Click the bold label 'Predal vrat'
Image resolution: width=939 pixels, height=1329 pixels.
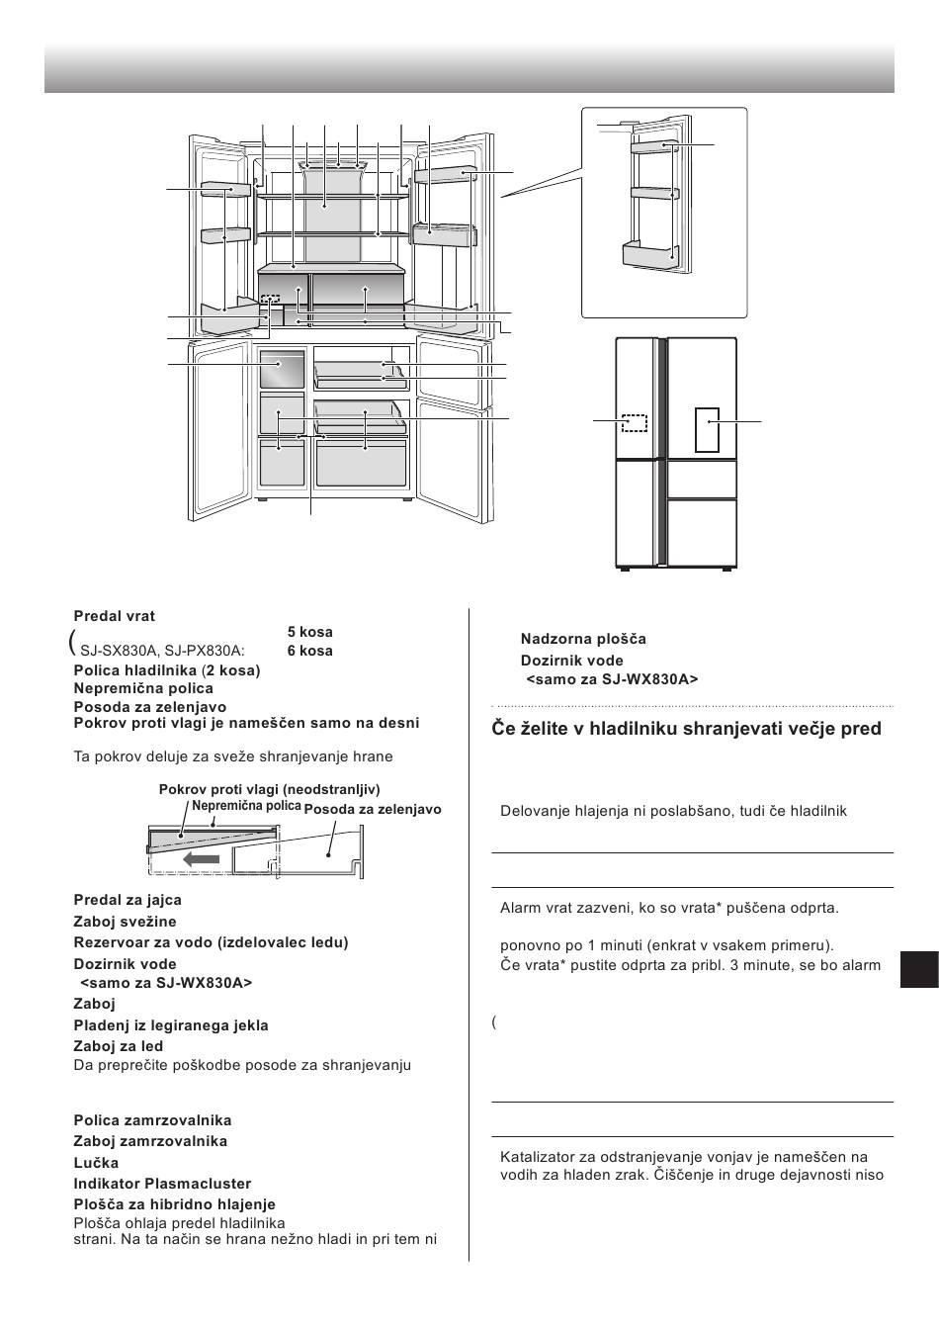click(x=114, y=616)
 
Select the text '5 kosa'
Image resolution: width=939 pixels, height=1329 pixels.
click(x=309, y=632)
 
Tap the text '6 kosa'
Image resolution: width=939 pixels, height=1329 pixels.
click(x=309, y=651)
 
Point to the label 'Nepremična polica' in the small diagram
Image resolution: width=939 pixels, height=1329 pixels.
click(x=246, y=806)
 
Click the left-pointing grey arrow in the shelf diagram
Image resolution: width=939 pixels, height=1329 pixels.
click(x=202, y=860)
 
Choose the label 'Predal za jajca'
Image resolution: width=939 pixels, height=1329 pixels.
click(x=128, y=900)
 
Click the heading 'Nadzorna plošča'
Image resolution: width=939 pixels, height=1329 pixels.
click(x=583, y=639)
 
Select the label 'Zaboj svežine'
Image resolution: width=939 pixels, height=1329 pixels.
click(x=125, y=922)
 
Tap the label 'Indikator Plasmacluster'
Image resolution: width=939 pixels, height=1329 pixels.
click(x=162, y=1184)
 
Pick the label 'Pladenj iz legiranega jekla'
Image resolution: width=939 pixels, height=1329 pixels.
click(x=171, y=1025)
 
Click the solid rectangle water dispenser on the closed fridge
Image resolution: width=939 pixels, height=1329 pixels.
click(x=707, y=429)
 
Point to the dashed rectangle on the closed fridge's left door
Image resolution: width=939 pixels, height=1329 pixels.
click(x=635, y=422)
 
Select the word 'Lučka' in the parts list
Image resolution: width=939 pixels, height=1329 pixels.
click(x=96, y=1163)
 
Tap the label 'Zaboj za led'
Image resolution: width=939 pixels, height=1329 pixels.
click(x=119, y=1046)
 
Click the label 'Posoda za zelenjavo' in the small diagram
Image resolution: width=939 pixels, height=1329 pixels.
click(x=373, y=810)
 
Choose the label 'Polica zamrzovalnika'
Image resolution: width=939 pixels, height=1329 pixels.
click(x=152, y=1120)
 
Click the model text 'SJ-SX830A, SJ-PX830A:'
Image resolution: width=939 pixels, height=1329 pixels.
click(x=163, y=651)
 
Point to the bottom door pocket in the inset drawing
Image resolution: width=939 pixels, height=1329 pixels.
click(x=650, y=255)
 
